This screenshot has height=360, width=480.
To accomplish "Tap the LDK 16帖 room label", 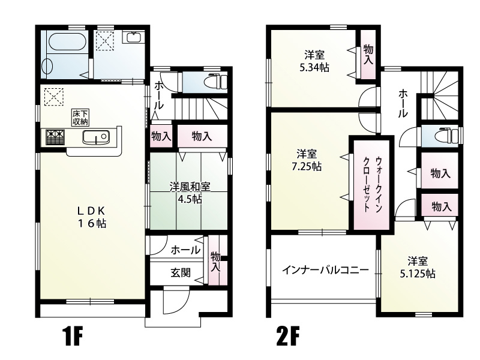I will (91, 217).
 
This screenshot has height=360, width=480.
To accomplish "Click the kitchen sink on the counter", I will (95, 138).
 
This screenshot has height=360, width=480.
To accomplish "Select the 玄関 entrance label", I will (181, 273).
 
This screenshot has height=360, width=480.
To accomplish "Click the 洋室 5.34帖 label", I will (314, 60).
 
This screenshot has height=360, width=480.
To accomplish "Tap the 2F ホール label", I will (403, 103).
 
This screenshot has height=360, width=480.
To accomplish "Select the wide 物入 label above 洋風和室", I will (202, 136).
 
